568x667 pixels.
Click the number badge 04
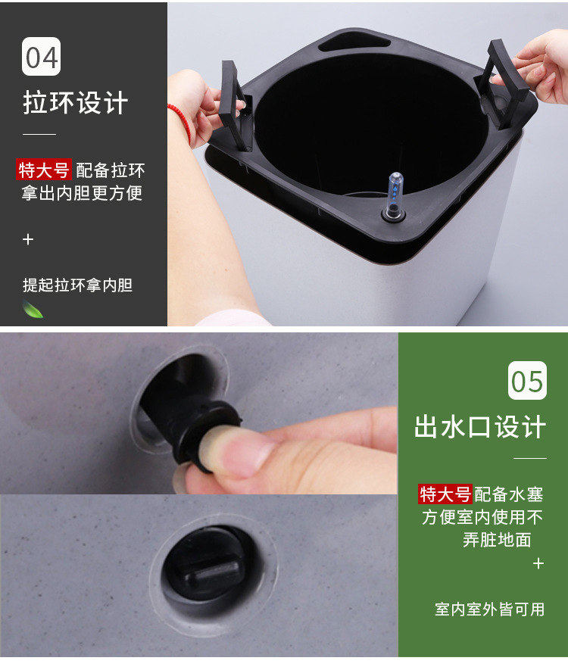coord(41,57)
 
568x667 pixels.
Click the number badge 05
coord(527,380)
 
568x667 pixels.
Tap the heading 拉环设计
coord(76,103)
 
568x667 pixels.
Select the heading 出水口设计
coord(480,426)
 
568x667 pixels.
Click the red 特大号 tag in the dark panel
coord(44,169)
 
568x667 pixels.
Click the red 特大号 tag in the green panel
coord(445,494)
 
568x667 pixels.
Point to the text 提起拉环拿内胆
coord(77,285)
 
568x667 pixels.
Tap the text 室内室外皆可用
coord(490,609)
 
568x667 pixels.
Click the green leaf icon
coord(33,309)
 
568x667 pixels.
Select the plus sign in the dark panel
coord(28,239)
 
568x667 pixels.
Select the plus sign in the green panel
coord(538,563)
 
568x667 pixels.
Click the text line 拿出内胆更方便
coord(82,192)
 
